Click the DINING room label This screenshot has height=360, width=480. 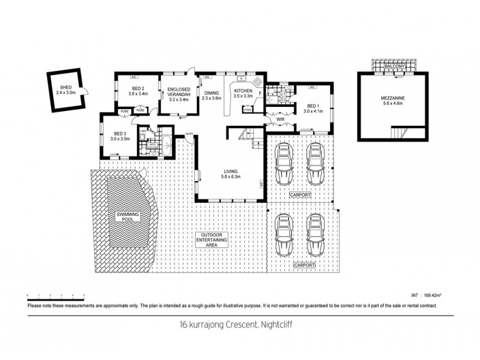pos(212,95)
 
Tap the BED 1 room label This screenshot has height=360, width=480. pos(313,109)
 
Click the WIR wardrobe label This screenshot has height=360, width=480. pos(280,121)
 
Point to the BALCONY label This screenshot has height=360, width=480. pos(394,67)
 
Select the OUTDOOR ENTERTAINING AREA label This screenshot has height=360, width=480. pos(220,240)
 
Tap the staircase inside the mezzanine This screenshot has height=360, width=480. pos(400,133)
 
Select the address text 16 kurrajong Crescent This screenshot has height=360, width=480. pos(239,326)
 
